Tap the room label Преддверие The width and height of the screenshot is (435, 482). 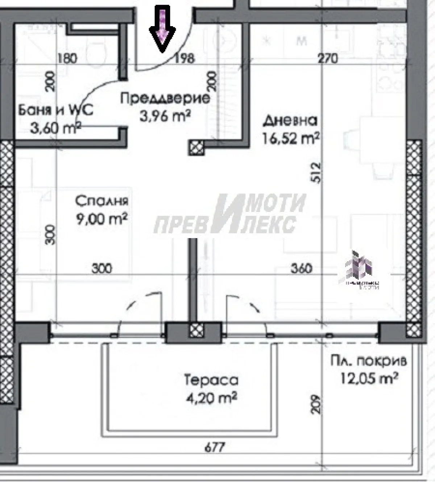coord(165,98)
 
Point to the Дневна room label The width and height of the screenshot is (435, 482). coord(290,120)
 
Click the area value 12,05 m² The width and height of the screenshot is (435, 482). coord(369,379)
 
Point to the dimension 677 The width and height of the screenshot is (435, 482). coord(215,447)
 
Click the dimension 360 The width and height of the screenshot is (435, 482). coord(301,268)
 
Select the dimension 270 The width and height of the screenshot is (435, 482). coord(327,58)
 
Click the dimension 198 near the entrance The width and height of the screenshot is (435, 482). coord(185,58)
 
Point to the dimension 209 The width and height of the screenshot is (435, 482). coord(316,404)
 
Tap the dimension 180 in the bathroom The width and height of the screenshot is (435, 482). coord(67,58)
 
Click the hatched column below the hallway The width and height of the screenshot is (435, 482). coord(196,148)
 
